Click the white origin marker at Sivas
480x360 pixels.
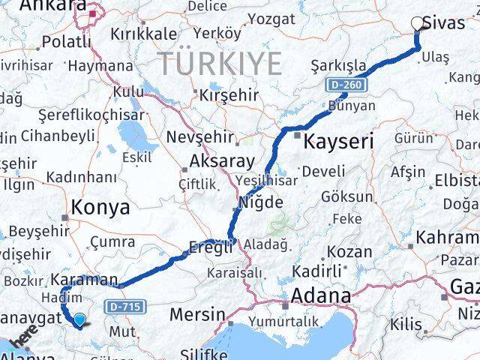pyautogui.click(x=417, y=23)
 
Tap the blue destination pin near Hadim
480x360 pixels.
pyautogui.click(x=79, y=321)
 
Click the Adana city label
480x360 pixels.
pyautogui.click(x=321, y=295)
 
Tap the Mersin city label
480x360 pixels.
pyautogui.click(x=197, y=313)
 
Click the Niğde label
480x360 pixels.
pyautogui.click(x=261, y=202)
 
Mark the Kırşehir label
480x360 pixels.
pyautogui.click(x=228, y=95)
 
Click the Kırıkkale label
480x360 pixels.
pyautogui.click(x=143, y=34)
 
